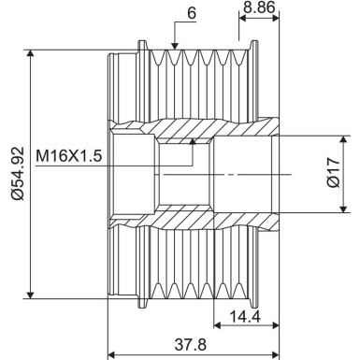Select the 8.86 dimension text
(257, 8)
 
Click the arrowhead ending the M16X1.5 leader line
(194, 141)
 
